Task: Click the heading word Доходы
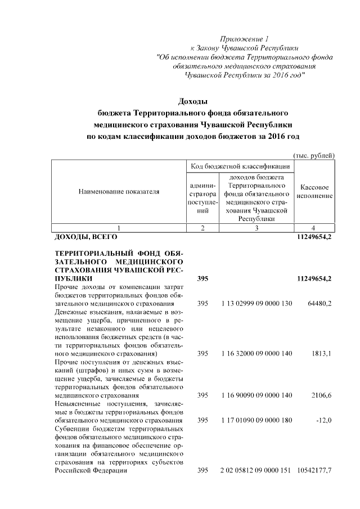click(x=193, y=101)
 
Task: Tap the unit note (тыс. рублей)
click(x=314, y=155)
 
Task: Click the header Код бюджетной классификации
click(x=240, y=166)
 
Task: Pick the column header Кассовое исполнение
click(x=314, y=191)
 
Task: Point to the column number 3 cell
click(x=256, y=228)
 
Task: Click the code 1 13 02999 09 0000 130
click(x=256, y=304)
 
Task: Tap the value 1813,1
click(x=321, y=354)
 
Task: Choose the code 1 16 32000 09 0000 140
click(x=256, y=354)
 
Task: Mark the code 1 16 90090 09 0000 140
click(x=256, y=395)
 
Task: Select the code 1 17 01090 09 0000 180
click(x=256, y=420)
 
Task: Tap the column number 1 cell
click(x=118, y=228)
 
